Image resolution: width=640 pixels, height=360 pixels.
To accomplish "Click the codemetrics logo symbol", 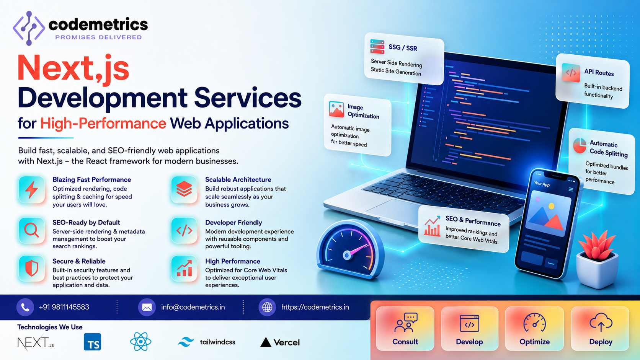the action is pos(29,28).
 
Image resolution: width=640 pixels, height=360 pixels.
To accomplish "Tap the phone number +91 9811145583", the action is pos(64,307).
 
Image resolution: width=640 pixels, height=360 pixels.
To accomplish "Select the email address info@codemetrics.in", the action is pos(193,307).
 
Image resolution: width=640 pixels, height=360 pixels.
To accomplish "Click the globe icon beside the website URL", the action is pos(267,307).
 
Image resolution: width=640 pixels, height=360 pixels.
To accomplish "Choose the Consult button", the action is pos(405,329).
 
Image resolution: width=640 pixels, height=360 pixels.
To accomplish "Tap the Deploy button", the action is pos(600,329).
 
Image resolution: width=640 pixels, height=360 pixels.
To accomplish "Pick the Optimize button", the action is pos(534,329).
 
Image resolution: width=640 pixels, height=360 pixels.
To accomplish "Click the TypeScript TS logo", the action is pos(92,342).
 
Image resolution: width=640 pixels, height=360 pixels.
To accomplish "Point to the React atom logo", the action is pos(140,341).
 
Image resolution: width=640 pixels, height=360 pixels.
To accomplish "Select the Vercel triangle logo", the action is pos(266,342).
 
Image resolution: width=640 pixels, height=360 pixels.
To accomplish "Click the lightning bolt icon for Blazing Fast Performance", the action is pos(31,189).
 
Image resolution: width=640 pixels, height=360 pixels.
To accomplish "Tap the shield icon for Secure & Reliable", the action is pos(31,268).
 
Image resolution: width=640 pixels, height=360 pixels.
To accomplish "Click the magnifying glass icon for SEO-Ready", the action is pos(31,230).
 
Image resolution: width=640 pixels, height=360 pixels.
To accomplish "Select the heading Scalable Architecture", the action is pos(238,179).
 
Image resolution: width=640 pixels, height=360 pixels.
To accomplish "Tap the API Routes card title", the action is pos(599,73).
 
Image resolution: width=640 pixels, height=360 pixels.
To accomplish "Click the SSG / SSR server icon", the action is pos(377,47).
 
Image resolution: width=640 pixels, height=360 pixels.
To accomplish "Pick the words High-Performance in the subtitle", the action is pos(103,124).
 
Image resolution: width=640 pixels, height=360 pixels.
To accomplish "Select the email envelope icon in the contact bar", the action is pos(147,307).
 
